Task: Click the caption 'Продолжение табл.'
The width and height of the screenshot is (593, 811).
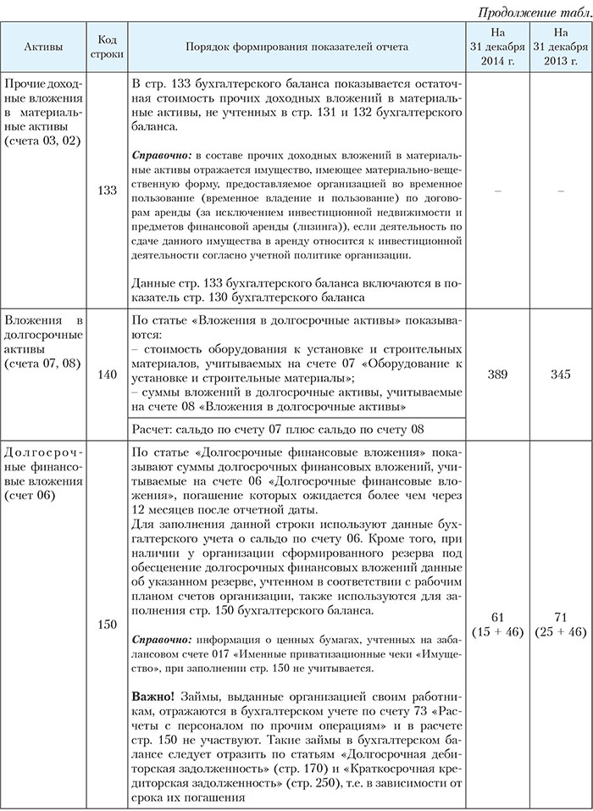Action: point(535,12)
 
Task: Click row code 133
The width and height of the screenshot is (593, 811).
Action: point(108,192)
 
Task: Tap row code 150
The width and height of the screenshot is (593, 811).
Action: point(108,624)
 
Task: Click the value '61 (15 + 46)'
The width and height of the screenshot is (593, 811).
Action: point(496,623)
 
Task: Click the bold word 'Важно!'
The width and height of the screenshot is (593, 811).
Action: point(155,695)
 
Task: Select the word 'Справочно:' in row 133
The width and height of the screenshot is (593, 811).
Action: point(163,157)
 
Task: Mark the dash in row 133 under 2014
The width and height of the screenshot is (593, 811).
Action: point(496,192)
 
